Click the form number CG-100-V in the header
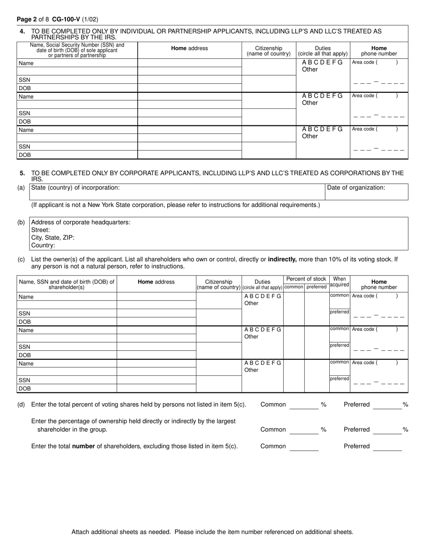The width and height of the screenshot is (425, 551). [x=66, y=19]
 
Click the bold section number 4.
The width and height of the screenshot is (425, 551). [x=22, y=31]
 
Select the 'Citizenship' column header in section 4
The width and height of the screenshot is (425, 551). [x=268, y=51]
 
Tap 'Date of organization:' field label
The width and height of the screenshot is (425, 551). [x=356, y=188]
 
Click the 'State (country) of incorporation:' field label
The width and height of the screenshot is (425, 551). [x=75, y=188]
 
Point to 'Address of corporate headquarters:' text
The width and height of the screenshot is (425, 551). [x=81, y=222]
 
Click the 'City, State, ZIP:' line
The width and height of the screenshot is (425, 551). [x=53, y=237]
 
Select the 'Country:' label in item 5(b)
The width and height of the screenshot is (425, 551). [x=43, y=245]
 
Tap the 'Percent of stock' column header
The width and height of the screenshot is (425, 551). [x=306, y=279]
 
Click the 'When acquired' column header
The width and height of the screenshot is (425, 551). [x=340, y=282]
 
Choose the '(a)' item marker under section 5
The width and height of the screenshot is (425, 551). [x=21, y=188]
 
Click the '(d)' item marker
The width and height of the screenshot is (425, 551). [x=21, y=405]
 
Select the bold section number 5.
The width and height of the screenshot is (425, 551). [x=22, y=173]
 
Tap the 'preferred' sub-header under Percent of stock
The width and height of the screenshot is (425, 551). [x=316, y=287]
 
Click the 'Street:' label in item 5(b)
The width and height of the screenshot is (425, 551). [x=41, y=230]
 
